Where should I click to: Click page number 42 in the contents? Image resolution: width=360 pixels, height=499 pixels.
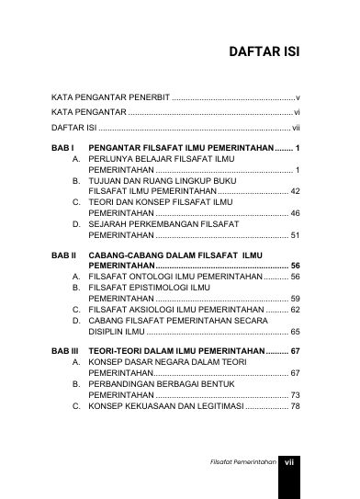[294, 191]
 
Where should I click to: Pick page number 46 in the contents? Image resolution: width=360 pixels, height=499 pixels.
[294, 213]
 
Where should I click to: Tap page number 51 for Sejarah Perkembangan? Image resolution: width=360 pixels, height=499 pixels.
[294, 235]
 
